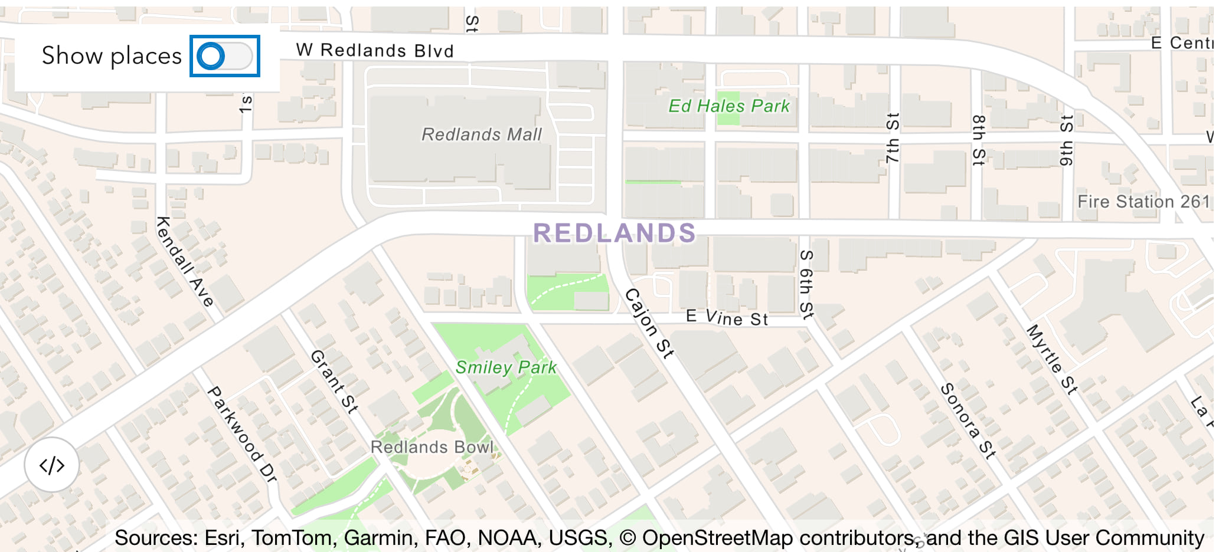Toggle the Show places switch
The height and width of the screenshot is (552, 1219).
(x=224, y=56)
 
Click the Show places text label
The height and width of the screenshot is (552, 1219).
(x=112, y=56)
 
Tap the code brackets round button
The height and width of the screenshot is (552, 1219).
(x=52, y=465)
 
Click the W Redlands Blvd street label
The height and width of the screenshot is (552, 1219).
(x=375, y=51)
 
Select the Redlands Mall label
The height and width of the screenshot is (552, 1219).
(x=481, y=135)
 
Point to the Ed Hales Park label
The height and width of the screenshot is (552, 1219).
(x=728, y=106)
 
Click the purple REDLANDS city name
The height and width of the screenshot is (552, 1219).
(x=615, y=234)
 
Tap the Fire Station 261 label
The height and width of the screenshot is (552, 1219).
(x=1143, y=202)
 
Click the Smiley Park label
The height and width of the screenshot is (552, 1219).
(x=506, y=367)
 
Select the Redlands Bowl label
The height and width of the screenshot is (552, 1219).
(x=432, y=447)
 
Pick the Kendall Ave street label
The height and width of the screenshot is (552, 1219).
(x=184, y=261)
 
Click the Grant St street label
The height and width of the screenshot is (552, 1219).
(x=334, y=382)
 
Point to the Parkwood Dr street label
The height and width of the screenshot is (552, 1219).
(x=241, y=435)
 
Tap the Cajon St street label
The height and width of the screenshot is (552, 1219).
(x=649, y=323)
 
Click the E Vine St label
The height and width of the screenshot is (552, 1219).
(x=727, y=318)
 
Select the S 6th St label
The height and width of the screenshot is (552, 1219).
(x=806, y=284)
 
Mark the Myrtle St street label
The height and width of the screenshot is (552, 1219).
(x=1052, y=359)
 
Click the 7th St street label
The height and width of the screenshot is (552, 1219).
(x=893, y=138)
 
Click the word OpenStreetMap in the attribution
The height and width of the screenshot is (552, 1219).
(x=717, y=538)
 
